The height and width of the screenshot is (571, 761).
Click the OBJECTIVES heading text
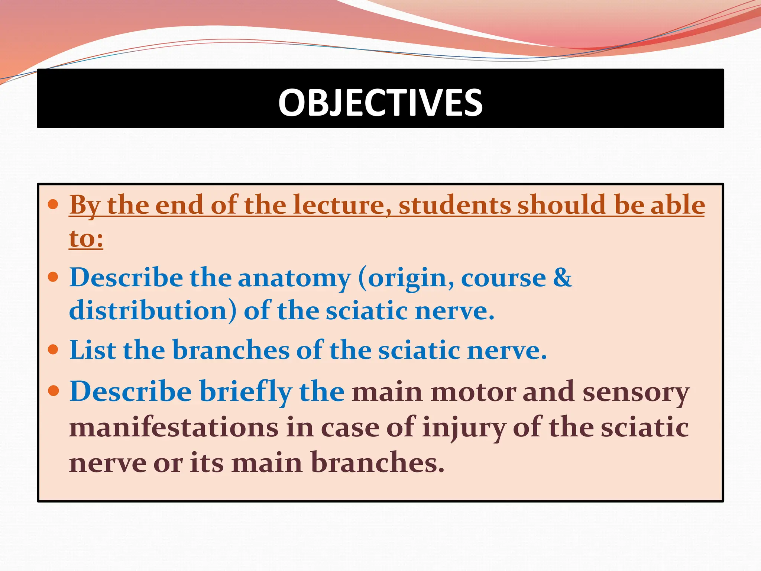[x=380, y=102]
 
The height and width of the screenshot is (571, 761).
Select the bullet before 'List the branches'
[x=54, y=349]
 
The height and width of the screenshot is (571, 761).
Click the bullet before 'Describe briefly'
[x=54, y=391]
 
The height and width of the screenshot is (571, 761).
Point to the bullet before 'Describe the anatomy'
[x=54, y=277]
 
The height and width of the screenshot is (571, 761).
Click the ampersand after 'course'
[x=562, y=277]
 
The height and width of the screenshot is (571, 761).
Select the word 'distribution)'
[x=153, y=311]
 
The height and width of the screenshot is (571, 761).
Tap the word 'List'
[x=93, y=350]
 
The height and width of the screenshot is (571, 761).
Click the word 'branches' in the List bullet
[x=231, y=350]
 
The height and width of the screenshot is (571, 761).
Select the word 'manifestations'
[x=174, y=428]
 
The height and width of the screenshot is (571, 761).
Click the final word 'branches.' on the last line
[x=377, y=462]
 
